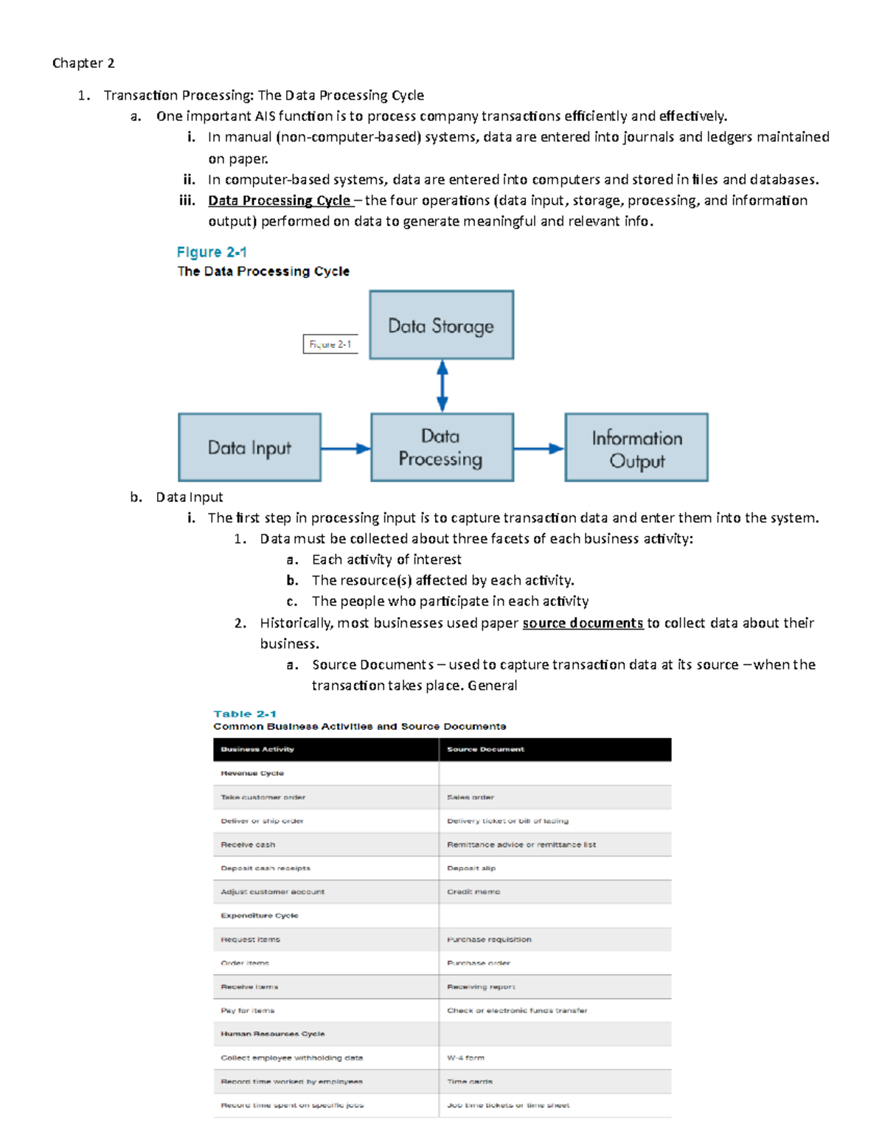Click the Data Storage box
tap(441, 325)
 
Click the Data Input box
tap(249, 448)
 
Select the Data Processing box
tap(441, 448)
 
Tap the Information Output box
tap(636, 448)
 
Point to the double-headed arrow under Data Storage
tap(442, 386)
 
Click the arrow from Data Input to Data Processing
tap(345, 448)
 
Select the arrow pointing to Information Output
tap(538, 448)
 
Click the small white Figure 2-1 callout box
tap(330, 344)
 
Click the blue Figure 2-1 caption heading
tap(212, 252)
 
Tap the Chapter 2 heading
tap(83, 63)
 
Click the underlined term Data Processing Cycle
tap(280, 201)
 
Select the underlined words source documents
tap(583, 623)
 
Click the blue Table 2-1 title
tap(245, 714)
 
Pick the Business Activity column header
tap(257, 749)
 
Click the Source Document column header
tap(485, 749)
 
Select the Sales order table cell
tap(471, 797)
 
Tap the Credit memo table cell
tap(473, 892)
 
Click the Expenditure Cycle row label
tap(260, 916)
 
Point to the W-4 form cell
tap(465, 1058)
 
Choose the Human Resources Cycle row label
tap(272, 1034)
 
